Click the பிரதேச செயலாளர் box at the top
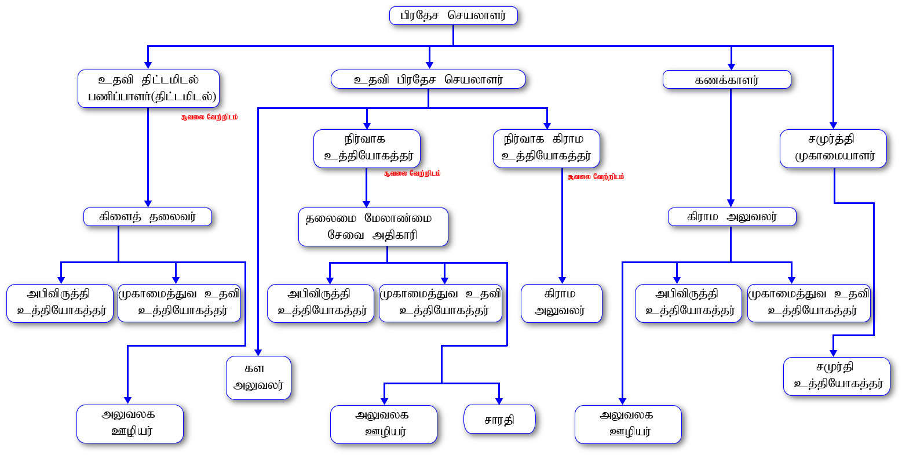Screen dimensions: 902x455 click(x=454, y=16)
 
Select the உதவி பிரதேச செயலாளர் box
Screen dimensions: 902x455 click(x=428, y=79)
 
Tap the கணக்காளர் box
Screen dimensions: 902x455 click(x=727, y=80)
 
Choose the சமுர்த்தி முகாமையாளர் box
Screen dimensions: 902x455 click(x=833, y=148)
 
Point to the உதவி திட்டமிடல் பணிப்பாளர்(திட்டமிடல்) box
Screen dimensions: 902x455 click(x=148, y=89)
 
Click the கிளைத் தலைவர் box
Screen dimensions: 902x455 click(x=148, y=217)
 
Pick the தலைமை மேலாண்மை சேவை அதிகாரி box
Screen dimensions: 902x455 click(x=373, y=227)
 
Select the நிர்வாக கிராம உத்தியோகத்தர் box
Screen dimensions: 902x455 click(x=546, y=148)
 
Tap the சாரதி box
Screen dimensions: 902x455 click(x=499, y=419)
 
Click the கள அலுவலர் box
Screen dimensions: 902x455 click(x=258, y=378)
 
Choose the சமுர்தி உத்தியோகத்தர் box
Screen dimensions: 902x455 click(x=837, y=376)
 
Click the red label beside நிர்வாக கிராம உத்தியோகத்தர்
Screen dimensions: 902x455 click(x=596, y=177)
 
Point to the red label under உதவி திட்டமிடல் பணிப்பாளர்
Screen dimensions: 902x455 click(x=209, y=117)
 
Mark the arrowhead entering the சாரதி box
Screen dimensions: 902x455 click(x=499, y=401)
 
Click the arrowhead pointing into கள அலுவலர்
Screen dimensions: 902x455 click(x=258, y=352)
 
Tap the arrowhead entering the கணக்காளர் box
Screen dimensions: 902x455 click(x=731, y=67)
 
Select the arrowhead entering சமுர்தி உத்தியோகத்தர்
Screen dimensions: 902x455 click(x=834, y=354)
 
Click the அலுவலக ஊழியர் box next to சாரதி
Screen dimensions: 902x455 click(x=384, y=424)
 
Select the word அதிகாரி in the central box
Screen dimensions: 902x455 click(x=395, y=235)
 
